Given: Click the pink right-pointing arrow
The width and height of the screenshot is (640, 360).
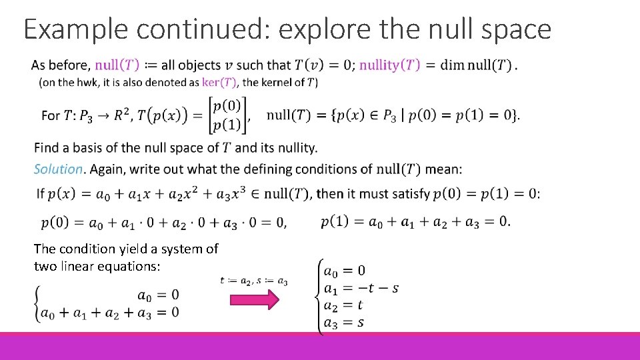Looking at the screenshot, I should pyautogui.click(x=253, y=301).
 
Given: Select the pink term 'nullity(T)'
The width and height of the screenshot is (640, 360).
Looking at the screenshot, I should pyautogui.click(x=390, y=65).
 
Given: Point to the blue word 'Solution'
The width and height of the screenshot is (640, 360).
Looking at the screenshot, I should pyautogui.click(x=59, y=169).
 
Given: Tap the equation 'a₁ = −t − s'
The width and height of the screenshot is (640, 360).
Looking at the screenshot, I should pyautogui.click(x=361, y=288).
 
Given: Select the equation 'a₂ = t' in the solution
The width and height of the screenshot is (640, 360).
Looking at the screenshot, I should pyautogui.click(x=343, y=305).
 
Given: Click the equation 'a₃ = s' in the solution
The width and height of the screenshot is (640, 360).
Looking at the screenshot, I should pyautogui.click(x=343, y=323).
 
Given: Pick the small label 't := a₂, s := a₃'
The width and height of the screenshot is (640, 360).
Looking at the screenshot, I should pyautogui.click(x=254, y=281).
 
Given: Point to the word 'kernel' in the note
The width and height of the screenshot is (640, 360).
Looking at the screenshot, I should pyautogui.click(x=281, y=83).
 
